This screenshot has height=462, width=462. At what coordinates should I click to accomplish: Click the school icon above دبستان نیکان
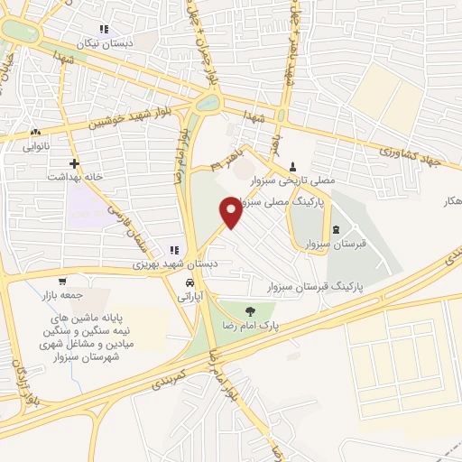tap(104, 30)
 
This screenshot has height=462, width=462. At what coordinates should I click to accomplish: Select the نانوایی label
tap(35, 144)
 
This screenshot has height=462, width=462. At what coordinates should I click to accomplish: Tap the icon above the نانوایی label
tap(35, 132)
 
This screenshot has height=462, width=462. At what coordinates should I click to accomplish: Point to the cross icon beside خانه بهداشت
tap(74, 164)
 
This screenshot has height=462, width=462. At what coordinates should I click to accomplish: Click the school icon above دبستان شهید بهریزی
tap(174, 250)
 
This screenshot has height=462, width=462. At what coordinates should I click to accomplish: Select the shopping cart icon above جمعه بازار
tap(60, 281)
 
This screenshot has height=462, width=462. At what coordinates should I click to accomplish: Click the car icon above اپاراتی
tap(189, 282)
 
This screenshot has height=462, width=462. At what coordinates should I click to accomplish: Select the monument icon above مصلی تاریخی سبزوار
tap(293, 166)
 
